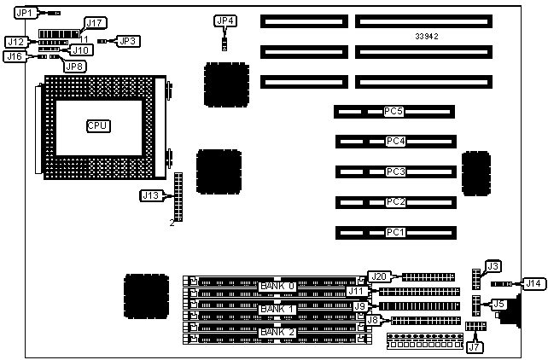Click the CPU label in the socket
[98, 126]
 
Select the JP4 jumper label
[226, 20]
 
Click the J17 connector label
[95, 23]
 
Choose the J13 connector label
[151, 195]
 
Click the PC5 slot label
[394, 111]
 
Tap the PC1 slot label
[394, 232]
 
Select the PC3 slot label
[394, 171]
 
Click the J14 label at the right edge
[533, 283]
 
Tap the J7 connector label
[475, 347]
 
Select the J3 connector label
[493, 266]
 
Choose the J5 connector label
[498, 303]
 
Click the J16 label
[15, 56]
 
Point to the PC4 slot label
[394, 141]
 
